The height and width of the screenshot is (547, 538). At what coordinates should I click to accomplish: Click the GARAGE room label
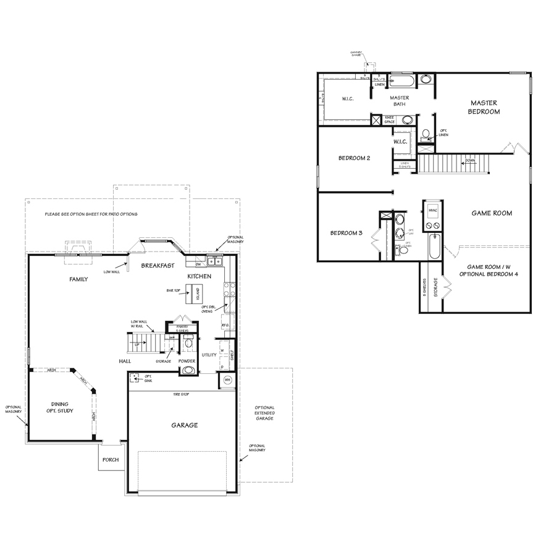[x=185, y=425]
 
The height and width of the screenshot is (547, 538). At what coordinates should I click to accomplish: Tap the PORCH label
[x=111, y=460]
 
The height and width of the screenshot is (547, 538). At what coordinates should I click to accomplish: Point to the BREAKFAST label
[x=155, y=265]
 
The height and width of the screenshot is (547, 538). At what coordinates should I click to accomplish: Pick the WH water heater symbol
[x=227, y=380]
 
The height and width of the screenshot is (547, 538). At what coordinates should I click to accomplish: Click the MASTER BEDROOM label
[x=484, y=107]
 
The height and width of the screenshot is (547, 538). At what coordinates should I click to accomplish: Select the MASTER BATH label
[x=400, y=101]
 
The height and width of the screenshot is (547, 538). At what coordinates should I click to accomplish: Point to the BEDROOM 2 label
[x=355, y=158]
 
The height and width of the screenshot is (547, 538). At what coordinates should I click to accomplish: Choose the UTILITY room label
[x=208, y=355]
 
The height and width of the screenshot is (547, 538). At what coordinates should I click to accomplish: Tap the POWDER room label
[x=187, y=360]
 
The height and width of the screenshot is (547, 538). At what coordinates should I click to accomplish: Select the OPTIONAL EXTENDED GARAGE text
[x=264, y=413]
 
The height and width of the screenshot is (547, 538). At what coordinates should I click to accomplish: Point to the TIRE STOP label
[x=182, y=394]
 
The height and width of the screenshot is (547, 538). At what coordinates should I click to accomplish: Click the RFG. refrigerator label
[x=225, y=324]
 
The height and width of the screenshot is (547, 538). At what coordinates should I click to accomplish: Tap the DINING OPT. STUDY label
[x=60, y=408]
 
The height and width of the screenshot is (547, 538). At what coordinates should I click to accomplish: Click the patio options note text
[x=91, y=214]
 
